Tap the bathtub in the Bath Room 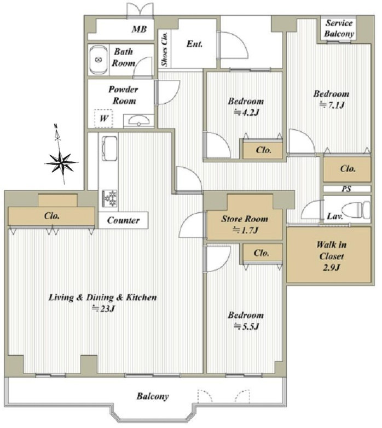tap(99, 60)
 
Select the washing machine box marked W tap(103, 118)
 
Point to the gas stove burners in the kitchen tap(109, 198)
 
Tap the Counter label tap(123, 220)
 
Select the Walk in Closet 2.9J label tap(332, 256)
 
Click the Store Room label tap(245, 219)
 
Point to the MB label tap(140, 29)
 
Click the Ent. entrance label tap(194, 44)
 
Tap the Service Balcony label tap(339, 28)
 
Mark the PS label tap(346, 189)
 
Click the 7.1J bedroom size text tap(332, 105)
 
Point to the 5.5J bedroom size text tap(246, 326)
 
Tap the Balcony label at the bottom tap(153, 396)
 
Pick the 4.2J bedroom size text tap(246, 113)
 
